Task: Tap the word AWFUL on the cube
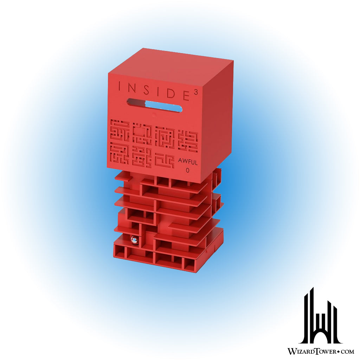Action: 188,162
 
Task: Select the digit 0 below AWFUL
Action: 188,171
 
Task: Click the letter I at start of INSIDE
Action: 119,86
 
